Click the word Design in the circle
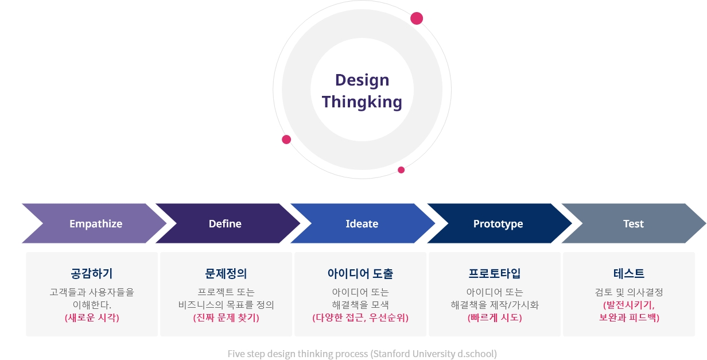click(362, 80)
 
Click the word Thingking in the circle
click(362, 102)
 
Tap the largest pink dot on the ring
click(417, 18)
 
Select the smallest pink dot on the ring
click(401, 170)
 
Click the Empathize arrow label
click(96, 224)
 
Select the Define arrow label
click(225, 224)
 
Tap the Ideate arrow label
click(362, 224)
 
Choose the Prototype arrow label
click(498, 224)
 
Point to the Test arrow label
click(634, 224)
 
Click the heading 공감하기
click(92, 273)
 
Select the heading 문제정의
click(226, 273)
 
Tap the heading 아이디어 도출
click(360, 273)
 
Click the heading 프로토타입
click(495, 273)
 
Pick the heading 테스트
click(629, 273)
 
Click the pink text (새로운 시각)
click(92, 318)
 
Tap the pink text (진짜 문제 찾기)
click(226, 318)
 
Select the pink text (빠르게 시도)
click(495, 318)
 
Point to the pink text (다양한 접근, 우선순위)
click(360, 318)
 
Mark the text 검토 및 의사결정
click(629, 292)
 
